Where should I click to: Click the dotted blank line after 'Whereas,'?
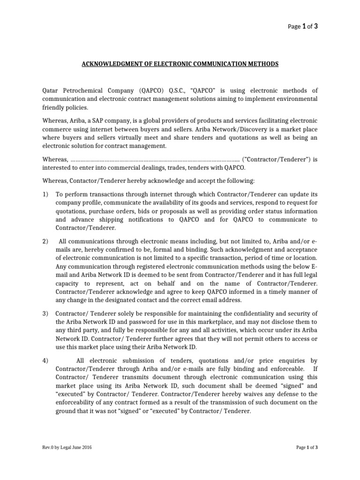[x=155, y=159]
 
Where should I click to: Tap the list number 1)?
[x=45, y=194]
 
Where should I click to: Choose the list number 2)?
[x=45, y=241]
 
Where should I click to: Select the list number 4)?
[x=45, y=360]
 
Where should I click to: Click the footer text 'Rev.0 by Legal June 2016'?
[x=67, y=448]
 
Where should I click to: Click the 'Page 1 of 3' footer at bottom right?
[x=307, y=448]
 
